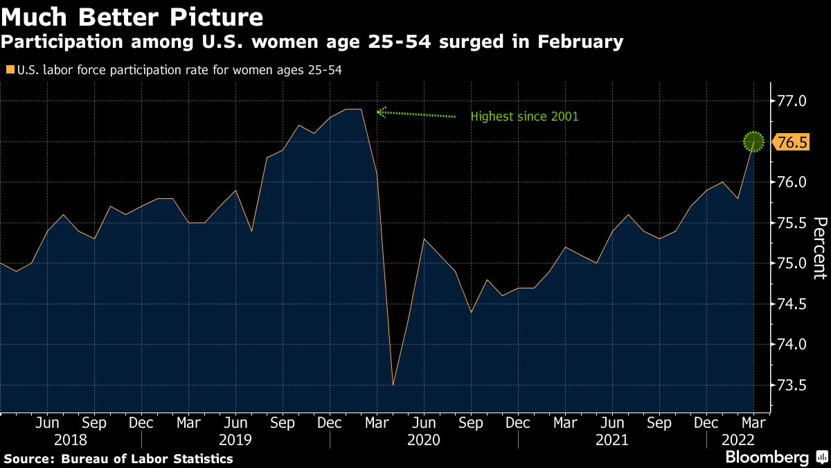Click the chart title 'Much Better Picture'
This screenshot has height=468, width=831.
pyautogui.click(x=132, y=17)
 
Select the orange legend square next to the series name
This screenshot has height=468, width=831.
pyautogui.click(x=8, y=69)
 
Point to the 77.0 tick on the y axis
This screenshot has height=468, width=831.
pyautogui.click(x=792, y=101)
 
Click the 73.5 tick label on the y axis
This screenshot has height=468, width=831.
pyautogui.click(x=792, y=385)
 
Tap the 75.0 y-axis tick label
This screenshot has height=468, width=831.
pyautogui.click(x=792, y=263)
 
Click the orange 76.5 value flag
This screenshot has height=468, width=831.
pyautogui.click(x=792, y=142)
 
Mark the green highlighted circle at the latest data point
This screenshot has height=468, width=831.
pyautogui.click(x=753, y=142)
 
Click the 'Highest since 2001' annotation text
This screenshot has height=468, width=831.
pyautogui.click(x=524, y=116)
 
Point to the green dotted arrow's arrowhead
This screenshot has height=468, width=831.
pyautogui.click(x=380, y=111)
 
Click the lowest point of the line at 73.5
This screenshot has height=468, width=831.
pyautogui.click(x=393, y=385)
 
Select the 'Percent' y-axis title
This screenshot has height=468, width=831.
pyautogui.click(x=819, y=248)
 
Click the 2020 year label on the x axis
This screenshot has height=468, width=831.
pyautogui.click(x=424, y=440)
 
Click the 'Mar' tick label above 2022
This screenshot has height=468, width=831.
pyautogui.click(x=753, y=423)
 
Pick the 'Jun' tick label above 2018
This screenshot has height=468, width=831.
pyautogui.click(x=46, y=423)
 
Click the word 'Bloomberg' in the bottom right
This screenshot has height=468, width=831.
pyautogui.click(x=767, y=458)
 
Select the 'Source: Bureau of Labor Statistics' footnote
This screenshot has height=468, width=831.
pyautogui.click(x=118, y=458)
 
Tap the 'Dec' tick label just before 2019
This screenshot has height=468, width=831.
pyautogui.click(x=141, y=423)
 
